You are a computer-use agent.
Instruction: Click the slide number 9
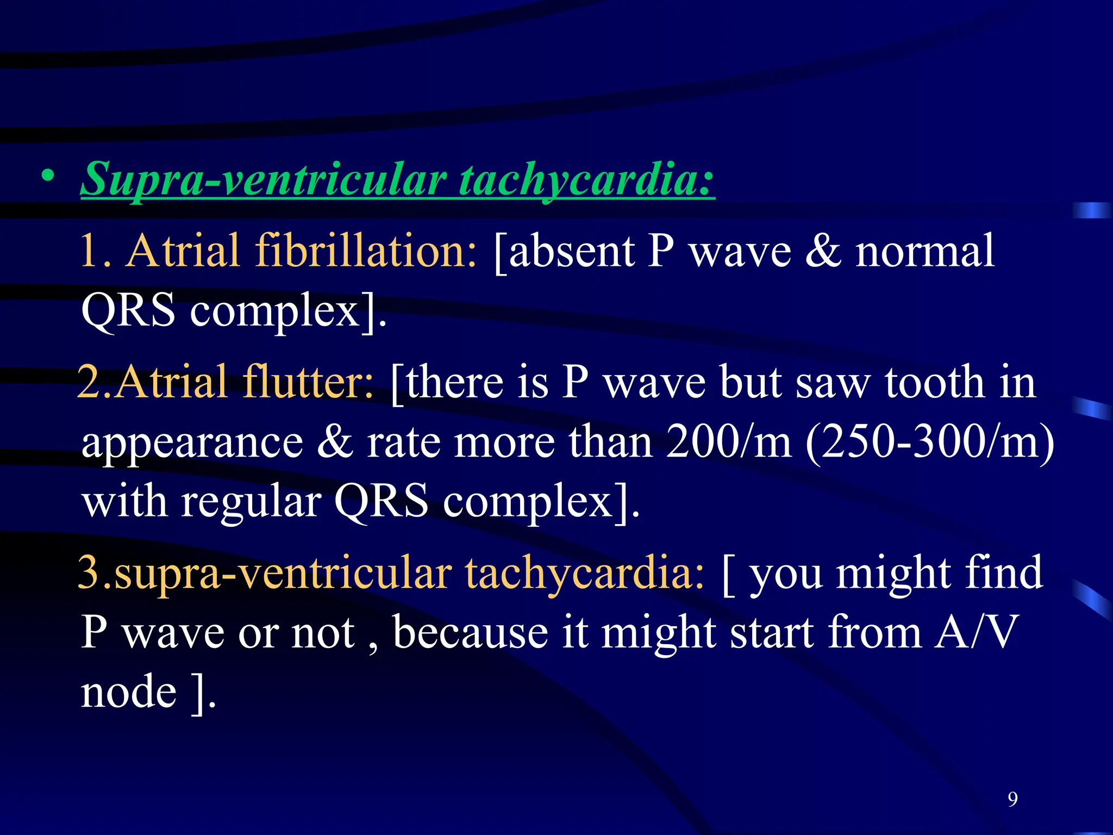(1012, 799)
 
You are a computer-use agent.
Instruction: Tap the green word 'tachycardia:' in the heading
(586, 179)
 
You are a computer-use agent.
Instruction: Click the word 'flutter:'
(308, 382)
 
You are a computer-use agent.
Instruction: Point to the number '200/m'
(729, 441)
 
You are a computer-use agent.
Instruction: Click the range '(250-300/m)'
(929, 441)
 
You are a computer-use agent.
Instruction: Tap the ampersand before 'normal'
(823, 251)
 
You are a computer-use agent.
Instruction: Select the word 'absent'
(566, 251)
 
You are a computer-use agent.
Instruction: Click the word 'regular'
(251, 501)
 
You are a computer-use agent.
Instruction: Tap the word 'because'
(470, 632)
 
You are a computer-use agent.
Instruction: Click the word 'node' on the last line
(129, 692)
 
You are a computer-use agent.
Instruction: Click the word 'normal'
(924, 251)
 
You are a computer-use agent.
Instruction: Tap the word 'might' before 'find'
(892, 574)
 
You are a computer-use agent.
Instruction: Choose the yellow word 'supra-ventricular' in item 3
(283, 574)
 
